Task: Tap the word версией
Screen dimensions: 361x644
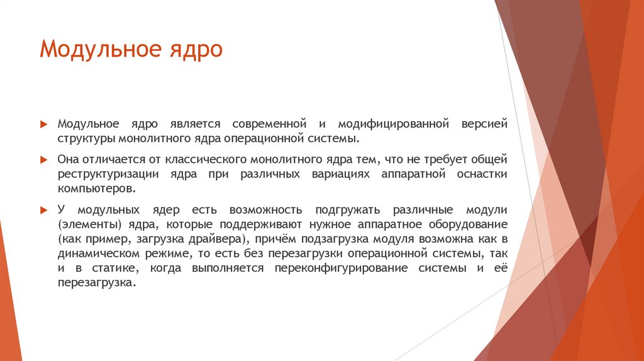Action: (x=484, y=124)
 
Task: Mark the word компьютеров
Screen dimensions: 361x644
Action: (x=96, y=188)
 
